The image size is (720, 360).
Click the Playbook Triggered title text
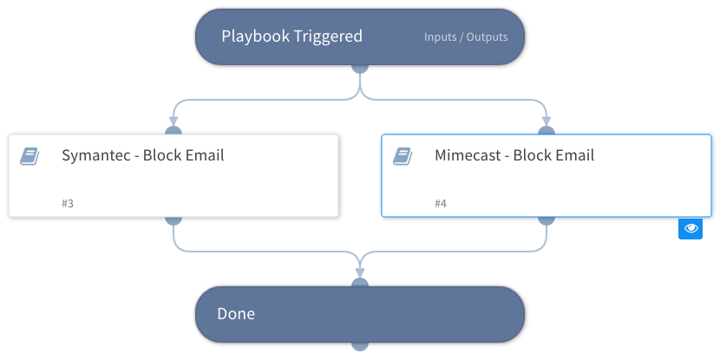coord(291,36)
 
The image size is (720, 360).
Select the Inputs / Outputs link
coord(466,37)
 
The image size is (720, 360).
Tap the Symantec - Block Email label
coord(143,156)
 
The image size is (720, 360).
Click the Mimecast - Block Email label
coord(514,156)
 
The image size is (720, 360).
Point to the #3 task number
coord(68,203)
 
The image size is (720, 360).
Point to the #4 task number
coord(441,203)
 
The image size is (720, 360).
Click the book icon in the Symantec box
coord(29,156)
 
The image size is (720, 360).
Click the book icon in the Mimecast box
coord(403,156)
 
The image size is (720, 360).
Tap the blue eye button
coord(691,228)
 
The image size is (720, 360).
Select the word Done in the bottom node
coord(236,313)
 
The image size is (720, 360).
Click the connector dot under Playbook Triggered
coord(360,67)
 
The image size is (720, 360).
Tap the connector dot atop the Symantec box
coord(173,132)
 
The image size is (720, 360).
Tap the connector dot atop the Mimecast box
coord(547,132)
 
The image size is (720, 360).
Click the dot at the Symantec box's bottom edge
coord(173,219)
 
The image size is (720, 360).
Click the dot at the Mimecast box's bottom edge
coord(547,219)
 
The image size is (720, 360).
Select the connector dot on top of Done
coord(360,284)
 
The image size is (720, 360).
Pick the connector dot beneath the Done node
coord(360,344)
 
